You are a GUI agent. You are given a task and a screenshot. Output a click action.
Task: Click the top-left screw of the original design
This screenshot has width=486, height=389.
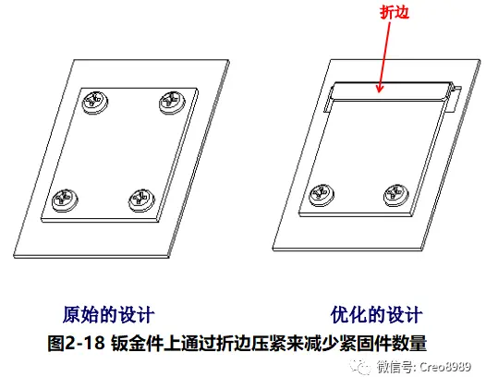95,102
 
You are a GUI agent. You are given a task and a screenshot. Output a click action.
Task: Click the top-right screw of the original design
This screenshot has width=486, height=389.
172,102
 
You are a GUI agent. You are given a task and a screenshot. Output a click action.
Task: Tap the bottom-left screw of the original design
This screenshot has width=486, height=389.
65,200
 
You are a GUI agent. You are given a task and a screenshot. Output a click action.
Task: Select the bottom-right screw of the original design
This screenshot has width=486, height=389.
141,200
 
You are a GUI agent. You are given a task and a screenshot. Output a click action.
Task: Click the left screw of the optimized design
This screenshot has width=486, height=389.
322,195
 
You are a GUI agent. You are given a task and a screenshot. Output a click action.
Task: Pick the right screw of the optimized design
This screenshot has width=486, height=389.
396,195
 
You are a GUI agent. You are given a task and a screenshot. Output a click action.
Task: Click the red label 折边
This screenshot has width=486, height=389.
395,12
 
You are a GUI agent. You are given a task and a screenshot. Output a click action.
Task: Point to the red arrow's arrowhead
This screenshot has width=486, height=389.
380,88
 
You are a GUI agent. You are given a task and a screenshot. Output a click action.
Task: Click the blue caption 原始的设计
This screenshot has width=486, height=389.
108,314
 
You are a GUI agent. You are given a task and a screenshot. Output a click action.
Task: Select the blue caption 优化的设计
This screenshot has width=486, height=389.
377,314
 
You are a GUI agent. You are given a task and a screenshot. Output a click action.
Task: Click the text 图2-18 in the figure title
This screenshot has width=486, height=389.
76,343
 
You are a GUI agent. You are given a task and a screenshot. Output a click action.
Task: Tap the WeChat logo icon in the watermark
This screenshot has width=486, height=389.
360,368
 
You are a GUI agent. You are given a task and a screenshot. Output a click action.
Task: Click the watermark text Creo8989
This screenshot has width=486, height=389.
445,367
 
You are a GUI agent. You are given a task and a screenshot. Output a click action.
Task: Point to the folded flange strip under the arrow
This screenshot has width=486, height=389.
390,92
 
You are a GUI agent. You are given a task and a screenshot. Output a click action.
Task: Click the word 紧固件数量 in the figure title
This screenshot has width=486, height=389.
383,343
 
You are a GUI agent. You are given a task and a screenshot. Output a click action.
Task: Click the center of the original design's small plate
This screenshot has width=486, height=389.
120,154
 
